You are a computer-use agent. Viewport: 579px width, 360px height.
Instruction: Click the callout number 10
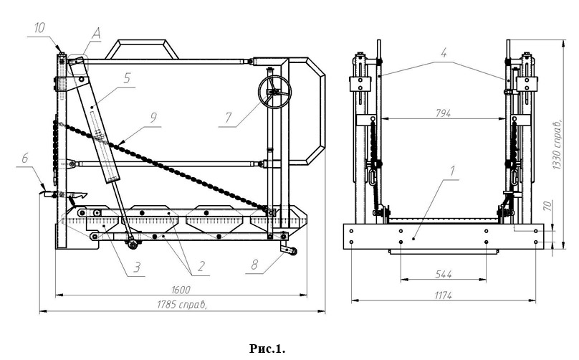pos(39,27)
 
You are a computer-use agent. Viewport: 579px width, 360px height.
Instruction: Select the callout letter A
pos(97,32)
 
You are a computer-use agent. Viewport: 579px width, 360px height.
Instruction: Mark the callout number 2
pos(201,267)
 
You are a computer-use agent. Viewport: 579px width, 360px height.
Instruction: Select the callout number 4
pos(444,52)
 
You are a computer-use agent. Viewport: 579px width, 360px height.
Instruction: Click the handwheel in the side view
pos(273,93)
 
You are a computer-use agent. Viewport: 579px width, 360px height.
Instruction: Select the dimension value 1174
pos(442,295)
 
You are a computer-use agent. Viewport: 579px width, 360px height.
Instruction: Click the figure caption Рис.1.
pos(267,349)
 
